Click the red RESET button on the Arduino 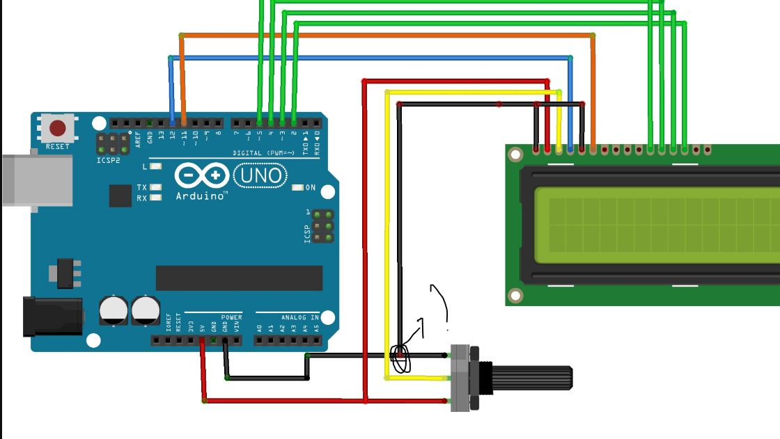[x=57, y=128]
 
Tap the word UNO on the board [x=261, y=175]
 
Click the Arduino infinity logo [x=202, y=175]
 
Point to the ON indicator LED [x=297, y=188]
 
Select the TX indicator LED [x=155, y=187]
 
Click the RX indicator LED [x=155, y=198]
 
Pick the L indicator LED [x=155, y=166]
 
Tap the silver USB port [x=35, y=180]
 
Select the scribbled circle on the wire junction [x=401, y=358]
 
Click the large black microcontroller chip [x=239, y=278]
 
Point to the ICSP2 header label [x=109, y=160]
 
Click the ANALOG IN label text [x=299, y=317]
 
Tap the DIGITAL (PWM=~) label [x=258, y=153]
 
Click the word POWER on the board [x=232, y=317]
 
